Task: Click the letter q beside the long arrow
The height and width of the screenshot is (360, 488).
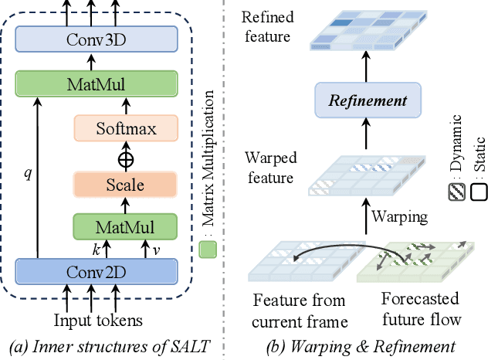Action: (x=29, y=174)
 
